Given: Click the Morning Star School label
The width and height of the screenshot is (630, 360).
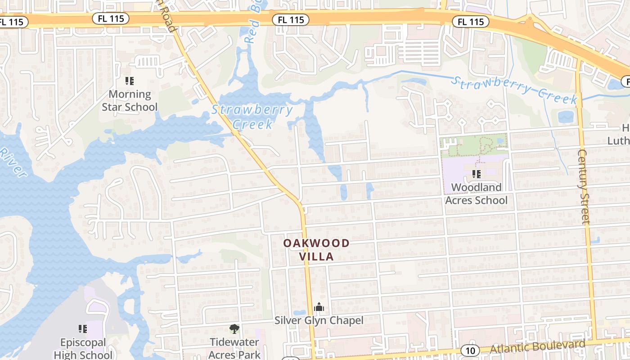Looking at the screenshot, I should [x=130, y=100].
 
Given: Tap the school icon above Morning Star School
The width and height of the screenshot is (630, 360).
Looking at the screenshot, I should [x=130, y=81].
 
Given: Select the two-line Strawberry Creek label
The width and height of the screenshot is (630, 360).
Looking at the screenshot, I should [x=252, y=117].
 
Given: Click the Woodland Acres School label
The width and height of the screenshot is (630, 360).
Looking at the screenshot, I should [x=476, y=193].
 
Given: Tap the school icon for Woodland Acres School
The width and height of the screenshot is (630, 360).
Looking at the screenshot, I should [x=476, y=174].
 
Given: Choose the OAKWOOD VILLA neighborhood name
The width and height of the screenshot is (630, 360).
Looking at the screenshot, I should [x=316, y=250].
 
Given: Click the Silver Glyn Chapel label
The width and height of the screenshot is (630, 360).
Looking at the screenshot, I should [x=319, y=320].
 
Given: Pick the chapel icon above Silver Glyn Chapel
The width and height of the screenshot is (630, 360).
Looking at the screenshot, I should [x=319, y=307].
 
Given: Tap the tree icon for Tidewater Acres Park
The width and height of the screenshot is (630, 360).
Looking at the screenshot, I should [x=234, y=329].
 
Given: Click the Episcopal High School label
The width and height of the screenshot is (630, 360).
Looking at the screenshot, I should [x=83, y=348].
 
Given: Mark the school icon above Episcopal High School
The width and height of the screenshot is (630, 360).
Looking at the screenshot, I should [x=83, y=329].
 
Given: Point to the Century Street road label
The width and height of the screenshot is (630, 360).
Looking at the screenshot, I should [x=583, y=187].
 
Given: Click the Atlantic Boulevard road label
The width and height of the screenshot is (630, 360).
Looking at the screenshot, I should [x=537, y=347].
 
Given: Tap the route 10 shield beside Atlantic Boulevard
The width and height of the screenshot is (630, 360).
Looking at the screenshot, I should [x=470, y=350].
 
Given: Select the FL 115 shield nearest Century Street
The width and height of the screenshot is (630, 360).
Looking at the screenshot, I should [x=471, y=22].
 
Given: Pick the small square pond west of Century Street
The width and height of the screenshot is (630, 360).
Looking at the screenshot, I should [x=566, y=117].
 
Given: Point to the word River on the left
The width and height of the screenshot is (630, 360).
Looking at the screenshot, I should [x=13, y=162].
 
